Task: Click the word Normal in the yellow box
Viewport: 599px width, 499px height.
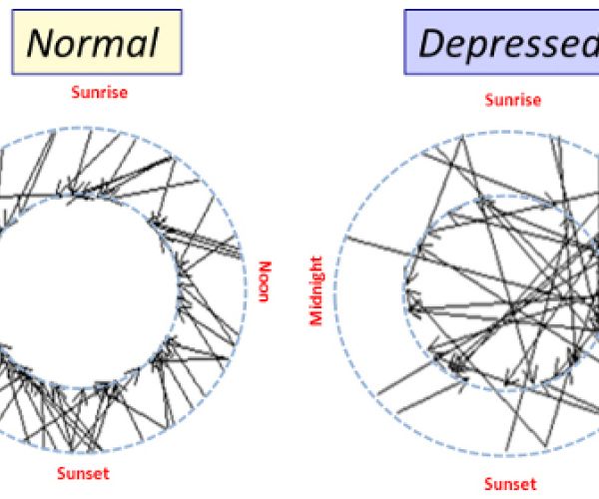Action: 93,43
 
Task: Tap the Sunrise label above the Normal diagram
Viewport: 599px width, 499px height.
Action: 99,94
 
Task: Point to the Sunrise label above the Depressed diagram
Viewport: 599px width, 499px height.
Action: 512,100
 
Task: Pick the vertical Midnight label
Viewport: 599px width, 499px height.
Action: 316,290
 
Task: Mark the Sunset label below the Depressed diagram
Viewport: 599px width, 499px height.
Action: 511,485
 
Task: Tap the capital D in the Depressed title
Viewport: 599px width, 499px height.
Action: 433,43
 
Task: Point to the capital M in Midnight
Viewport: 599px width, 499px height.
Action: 316,318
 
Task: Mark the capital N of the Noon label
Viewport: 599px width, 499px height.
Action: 265,267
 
